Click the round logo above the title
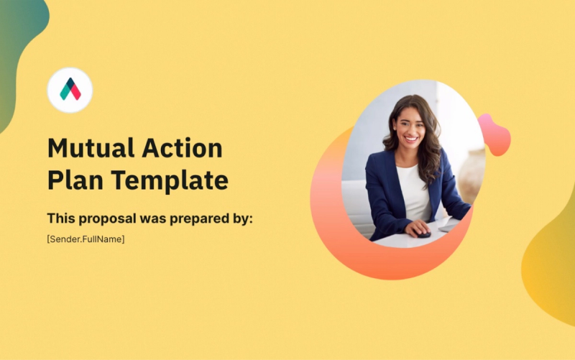click(x=70, y=90)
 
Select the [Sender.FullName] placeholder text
click(x=86, y=239)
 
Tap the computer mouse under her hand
click(x=423, y=234)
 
